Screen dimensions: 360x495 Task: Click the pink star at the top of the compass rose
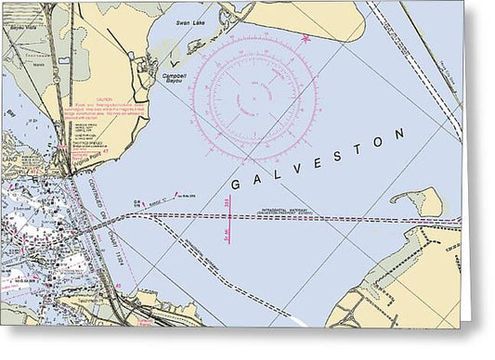point(306,38)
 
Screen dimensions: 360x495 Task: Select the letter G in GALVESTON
point(234,184)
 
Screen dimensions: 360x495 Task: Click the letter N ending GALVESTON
point(399,135)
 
